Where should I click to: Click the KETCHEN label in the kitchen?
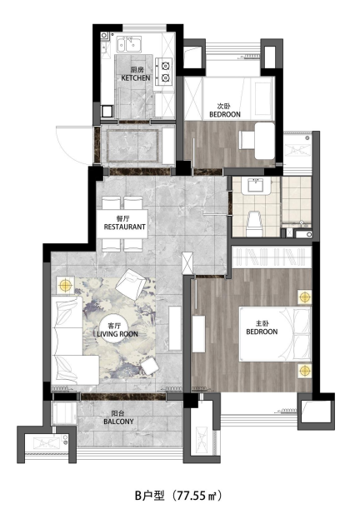coord(135,77)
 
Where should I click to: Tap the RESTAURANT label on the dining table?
coord(125,227)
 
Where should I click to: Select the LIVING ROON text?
coord(117,334)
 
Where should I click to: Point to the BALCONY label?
coord(118,422)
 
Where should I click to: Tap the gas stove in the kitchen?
coord(164,71)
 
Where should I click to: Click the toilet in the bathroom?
coord(255,222)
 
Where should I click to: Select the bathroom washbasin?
coord(257,186)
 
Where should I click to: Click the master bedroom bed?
coord(275,334)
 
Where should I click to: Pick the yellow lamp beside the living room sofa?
coord(65,286)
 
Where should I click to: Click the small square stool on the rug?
coord(150,366)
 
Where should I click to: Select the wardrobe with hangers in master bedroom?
coord(272,257)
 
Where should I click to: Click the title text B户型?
coord(150,496)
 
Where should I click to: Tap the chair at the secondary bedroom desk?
coord(247,140)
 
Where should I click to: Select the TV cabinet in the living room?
coord(175,328)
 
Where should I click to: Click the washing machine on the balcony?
coord(64,413)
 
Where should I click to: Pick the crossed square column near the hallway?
coord(187,262)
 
